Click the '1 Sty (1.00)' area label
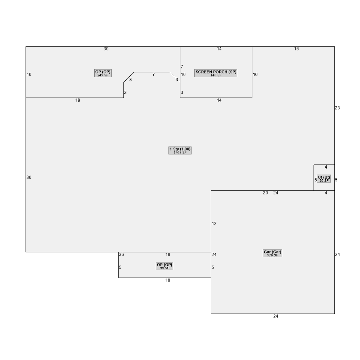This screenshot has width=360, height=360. click(180, 150)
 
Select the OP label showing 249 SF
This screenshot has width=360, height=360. click(103, 73)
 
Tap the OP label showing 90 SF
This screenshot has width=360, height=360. click(165, 266)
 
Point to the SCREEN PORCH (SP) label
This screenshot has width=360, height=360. click(216, 73)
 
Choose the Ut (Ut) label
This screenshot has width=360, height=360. click(324, 179)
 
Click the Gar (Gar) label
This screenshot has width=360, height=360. click(273, 253)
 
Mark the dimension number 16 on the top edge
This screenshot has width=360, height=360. click(296, 49)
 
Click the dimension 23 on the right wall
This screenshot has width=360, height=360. click(337, 108)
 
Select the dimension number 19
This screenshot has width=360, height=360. click(78, 100)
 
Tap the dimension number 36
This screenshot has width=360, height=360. click(121, 255)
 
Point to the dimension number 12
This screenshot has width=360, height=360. click(214, 224)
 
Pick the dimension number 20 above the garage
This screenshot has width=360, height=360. click(265, 193)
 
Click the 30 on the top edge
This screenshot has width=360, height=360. click(106, 49)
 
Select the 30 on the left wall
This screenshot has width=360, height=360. click(29, 177)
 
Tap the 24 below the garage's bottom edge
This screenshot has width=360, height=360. click(276, 316)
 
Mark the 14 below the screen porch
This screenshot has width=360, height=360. click(219, 100)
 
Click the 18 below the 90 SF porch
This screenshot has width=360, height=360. click(168, 280)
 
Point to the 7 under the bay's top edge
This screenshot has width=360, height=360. click(154, 75)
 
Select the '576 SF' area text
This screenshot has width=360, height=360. click(273, 255)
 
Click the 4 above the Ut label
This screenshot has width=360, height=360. click(326, 167)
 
